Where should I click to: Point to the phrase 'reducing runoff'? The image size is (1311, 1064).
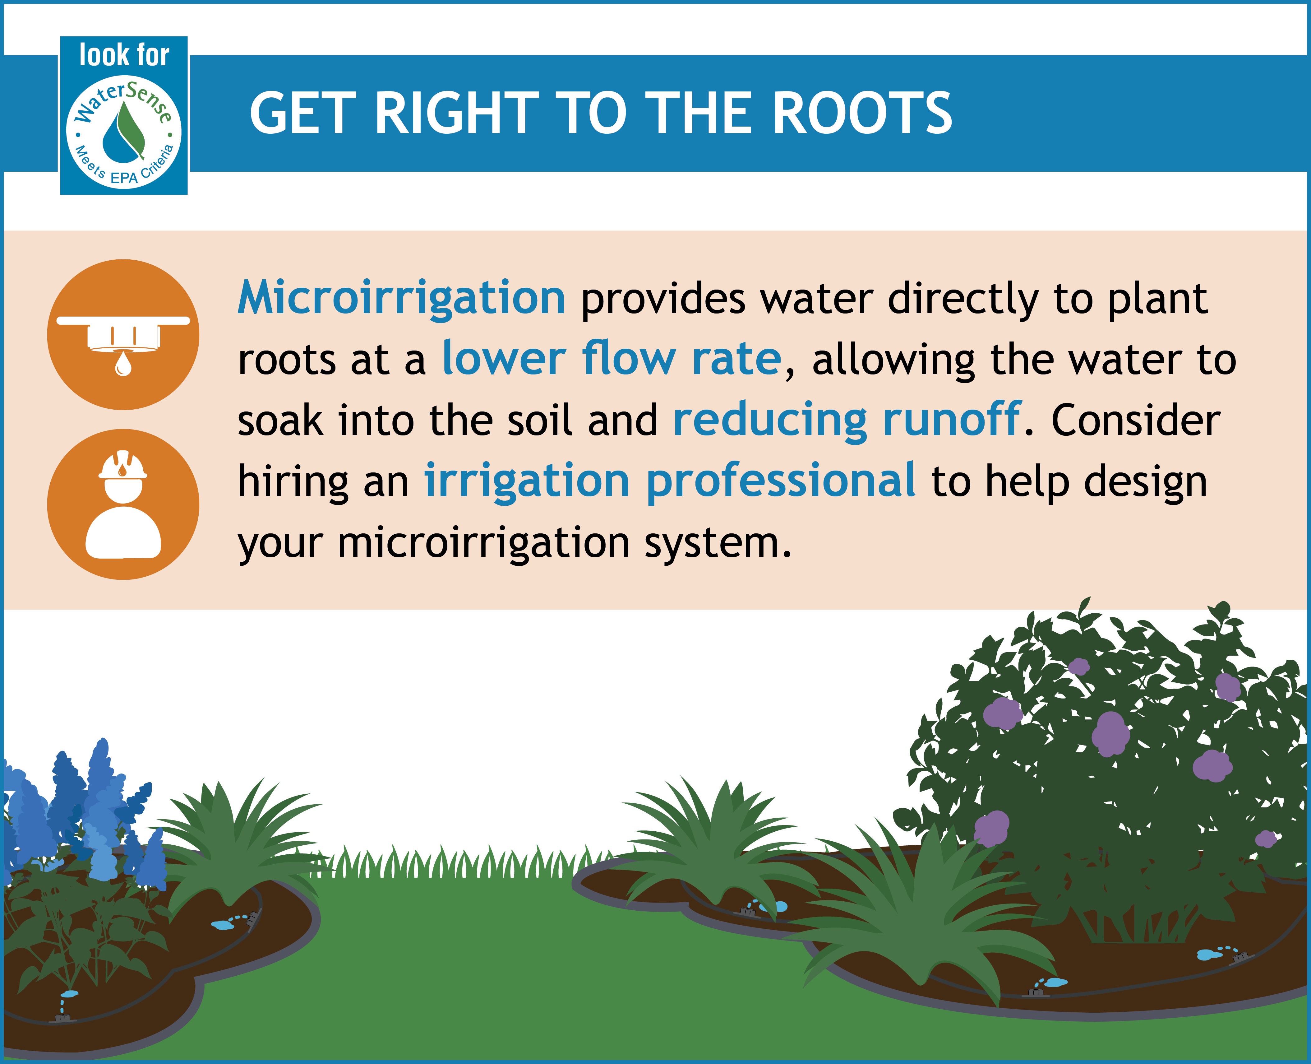pos(847,420)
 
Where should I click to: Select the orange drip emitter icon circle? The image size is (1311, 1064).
pos(123,335)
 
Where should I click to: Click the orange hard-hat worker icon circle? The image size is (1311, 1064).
pos(123,504)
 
